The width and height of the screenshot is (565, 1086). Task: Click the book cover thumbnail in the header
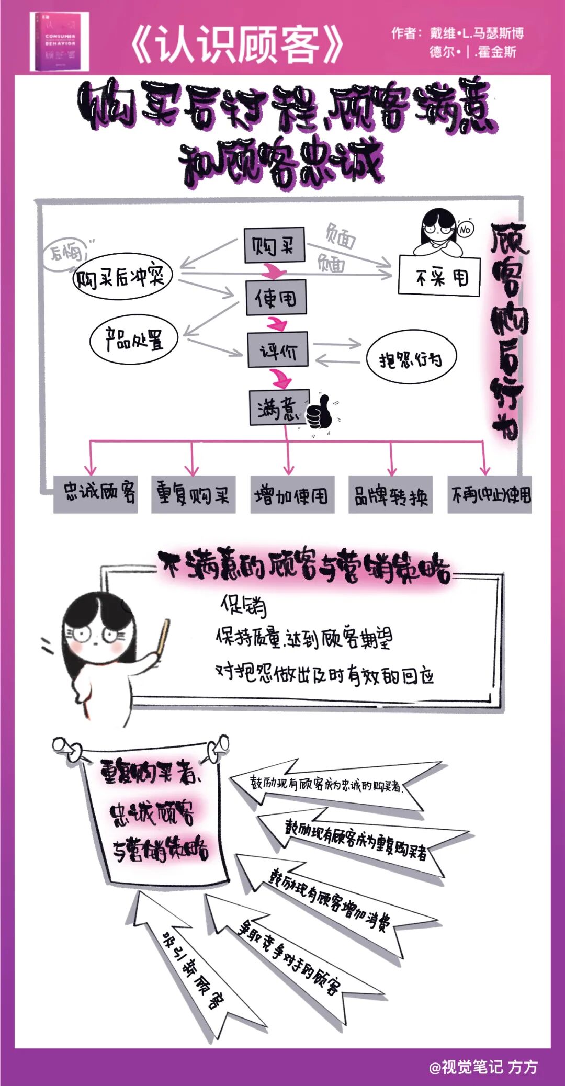pos(59,42)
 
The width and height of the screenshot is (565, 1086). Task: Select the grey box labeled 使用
pos(276,298)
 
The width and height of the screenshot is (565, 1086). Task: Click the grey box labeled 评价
pos(278,349)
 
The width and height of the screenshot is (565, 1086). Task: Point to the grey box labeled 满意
pos(279,408)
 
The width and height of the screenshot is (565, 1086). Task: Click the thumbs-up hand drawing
pos(319,412)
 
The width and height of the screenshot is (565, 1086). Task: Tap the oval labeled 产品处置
pos(134,340)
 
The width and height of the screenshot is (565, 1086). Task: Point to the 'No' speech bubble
pos(465,229)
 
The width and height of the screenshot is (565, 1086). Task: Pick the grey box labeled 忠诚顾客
pos(96,494)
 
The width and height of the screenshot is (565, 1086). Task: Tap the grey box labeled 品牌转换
pos(390,495)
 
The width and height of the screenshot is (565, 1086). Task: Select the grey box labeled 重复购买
pos(193,494)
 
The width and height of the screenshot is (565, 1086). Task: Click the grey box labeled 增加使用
pos(292,495)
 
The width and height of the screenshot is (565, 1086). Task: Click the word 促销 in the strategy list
pos(243,606)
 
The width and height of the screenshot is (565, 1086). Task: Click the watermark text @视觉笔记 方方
pos(483,1067)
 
